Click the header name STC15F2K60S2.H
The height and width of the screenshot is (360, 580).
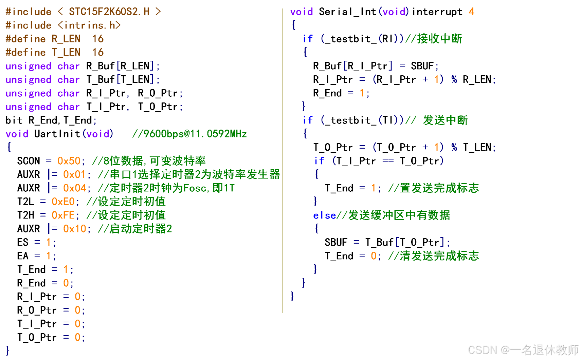click(109, 12)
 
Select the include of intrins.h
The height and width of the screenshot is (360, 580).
click(63, 25)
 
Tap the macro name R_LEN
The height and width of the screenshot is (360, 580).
click(66, 39)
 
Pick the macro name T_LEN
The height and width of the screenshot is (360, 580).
click(66, 53)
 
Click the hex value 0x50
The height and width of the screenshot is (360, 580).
click(69, 161)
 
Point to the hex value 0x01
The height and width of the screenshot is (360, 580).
click(74, 174)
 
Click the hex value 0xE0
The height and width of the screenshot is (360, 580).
click(63, 202)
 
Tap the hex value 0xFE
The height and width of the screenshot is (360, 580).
click(63, 215)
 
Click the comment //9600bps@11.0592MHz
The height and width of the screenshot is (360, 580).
click(189, 134)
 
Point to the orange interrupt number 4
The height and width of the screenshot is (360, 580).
click(471, 12)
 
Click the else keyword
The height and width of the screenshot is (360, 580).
click(324, 215)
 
